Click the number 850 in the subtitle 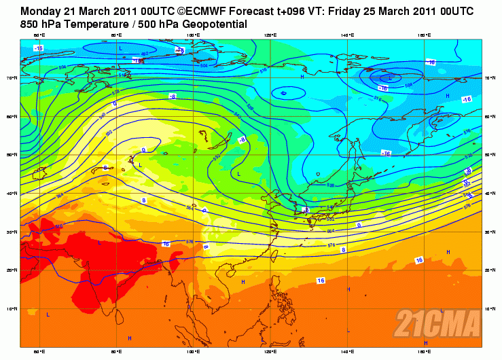pos(32,24)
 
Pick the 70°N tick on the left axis pos(13,78)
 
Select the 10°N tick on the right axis pos(491,308)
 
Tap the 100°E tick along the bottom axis pos(192,352)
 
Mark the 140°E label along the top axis pos(348,35)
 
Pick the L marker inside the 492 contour pos(120,48)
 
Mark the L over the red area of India pos(100,241)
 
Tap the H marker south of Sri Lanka pos(129,338)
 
